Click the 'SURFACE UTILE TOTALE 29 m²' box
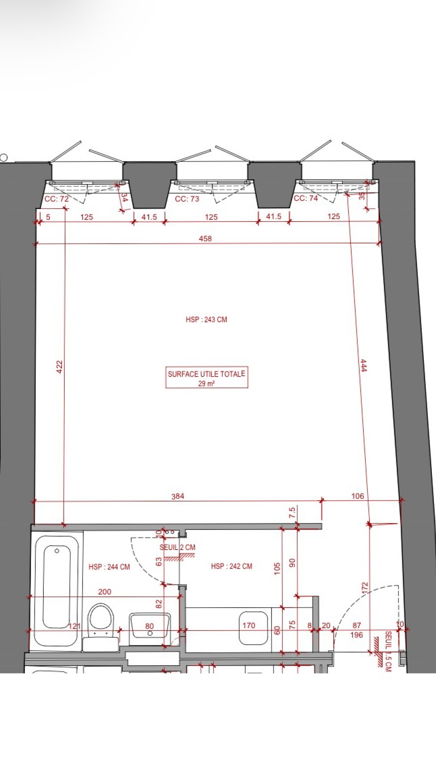pyautogui.click(x=207, y=378)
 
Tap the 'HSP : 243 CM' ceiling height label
pyautogui.click(x=207, y=319)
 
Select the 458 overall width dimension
pyautogui.click(x=206, y=239)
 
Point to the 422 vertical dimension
pyautogui.click(x=59, y=367)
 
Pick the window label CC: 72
pyautogui.click(x=57, y=199)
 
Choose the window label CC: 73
pyautogui.click(x=187, y=199)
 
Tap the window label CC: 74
pyautogui.click(x=305, y=199)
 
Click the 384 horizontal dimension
pyautogui.click(x=178, y=496)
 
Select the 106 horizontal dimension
pyautogui.click(x=358, y=496)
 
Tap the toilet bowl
pyautogui.click(x=101, y=619)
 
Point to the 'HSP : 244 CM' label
pyautogui.click(x=109, y=567)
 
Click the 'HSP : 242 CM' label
pyautogui.click(x=231, y=566)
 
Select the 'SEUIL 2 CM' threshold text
pyautogui.click(x=178, y=548)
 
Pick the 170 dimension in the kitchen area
pyautogui.click(x=248, y=625)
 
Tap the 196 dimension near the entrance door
pyautogui.click(x=356, y=635)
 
